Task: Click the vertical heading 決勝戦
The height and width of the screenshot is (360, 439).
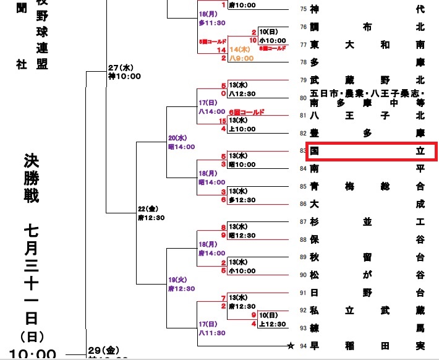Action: [31, 179]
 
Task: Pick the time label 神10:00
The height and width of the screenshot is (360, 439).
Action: [125, 77]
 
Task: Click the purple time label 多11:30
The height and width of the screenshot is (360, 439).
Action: [211, 22]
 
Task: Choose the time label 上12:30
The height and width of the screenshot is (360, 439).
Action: [272, 324]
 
